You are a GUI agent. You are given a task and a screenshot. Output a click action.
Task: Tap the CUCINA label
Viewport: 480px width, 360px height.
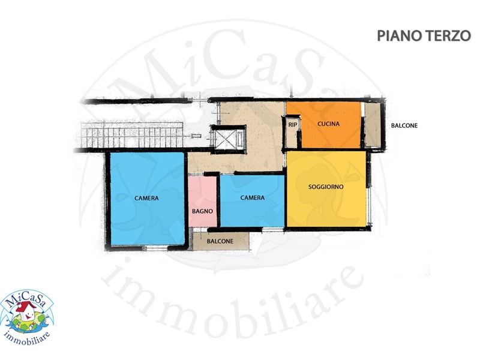click(x=328, y=124)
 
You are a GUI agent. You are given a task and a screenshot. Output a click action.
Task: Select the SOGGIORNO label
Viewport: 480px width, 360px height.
click(x=326, y=187)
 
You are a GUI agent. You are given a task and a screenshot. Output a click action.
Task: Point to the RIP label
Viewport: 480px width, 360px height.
click(x=293, y=125)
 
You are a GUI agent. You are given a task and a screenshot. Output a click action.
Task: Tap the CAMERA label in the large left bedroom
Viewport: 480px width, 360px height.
click(x=146, y=198)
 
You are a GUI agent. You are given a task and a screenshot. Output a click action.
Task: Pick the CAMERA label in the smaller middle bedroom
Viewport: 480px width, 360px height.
click(x=252, y=198)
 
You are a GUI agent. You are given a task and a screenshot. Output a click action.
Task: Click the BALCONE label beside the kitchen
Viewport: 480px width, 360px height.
click(x=404, y=126)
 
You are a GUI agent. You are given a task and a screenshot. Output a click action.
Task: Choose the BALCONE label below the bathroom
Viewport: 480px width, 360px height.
click(x=220, y=241)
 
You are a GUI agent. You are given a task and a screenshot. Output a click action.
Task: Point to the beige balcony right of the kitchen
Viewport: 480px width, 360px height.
click(x=372, y=125)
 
